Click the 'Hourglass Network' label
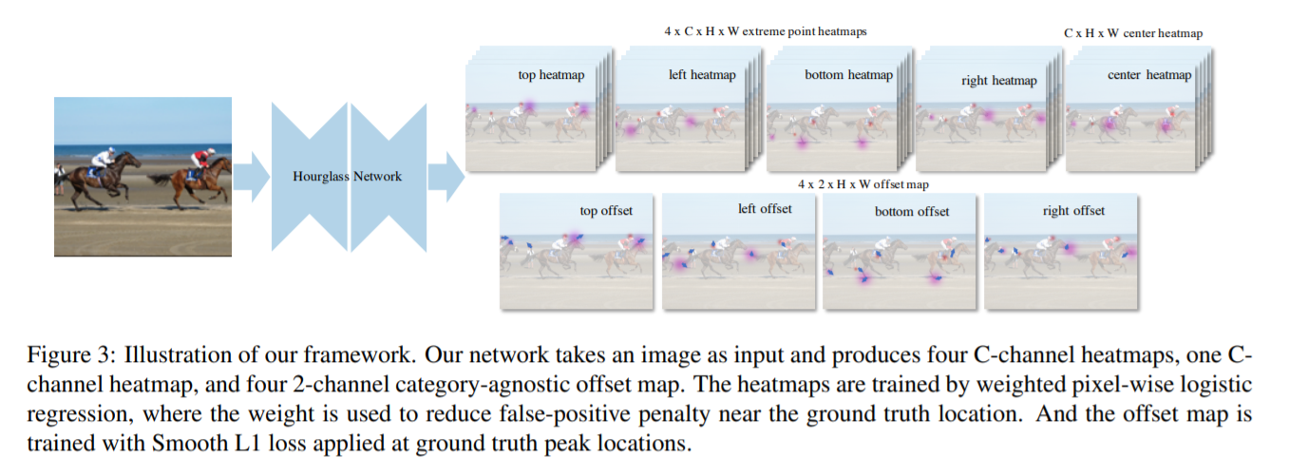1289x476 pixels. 347,176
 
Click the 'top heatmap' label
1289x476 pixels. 551,74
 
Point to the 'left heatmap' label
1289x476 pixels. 702,74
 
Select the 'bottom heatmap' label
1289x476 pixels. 848,74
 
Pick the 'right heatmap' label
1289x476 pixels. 998,81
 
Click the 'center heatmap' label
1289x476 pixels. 1148,75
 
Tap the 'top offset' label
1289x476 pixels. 606,210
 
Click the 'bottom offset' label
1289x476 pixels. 912,211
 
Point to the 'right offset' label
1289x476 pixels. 1073,210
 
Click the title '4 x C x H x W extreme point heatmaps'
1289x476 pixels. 765,31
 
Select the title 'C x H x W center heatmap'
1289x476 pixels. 1133,33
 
